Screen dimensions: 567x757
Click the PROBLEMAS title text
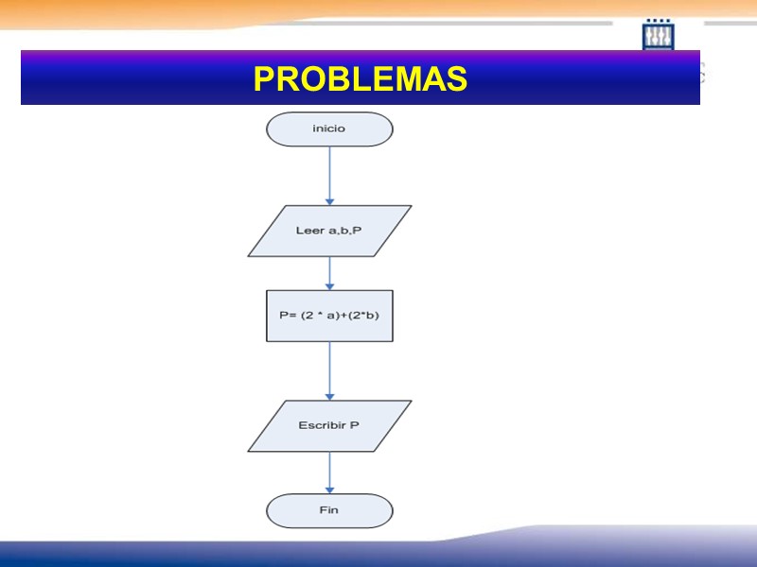[361, 79]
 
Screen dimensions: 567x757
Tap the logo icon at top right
[658, 35]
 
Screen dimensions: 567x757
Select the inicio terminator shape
[329, 129]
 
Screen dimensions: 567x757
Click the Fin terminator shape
[329, 511]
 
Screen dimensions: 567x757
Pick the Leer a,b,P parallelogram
[329, 231]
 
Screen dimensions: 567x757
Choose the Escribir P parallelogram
[329, 426]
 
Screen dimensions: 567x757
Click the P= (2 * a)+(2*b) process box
[329, 316]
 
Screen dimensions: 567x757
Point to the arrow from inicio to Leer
[329, 175]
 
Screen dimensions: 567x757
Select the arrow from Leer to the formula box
[329, 273]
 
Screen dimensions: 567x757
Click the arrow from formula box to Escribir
[329, 370]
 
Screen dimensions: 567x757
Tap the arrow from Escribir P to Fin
[329, 472]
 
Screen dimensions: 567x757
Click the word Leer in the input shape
[310, 231]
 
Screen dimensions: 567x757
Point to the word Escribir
[322, 426]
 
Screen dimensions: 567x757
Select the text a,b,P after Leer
[345, 231]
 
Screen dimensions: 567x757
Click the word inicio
[329, 129]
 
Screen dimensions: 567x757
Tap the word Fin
[329, 511]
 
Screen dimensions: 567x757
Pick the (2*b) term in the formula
[364, 317]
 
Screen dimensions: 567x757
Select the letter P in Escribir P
[355, 426]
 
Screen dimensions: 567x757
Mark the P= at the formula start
[288, 317]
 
